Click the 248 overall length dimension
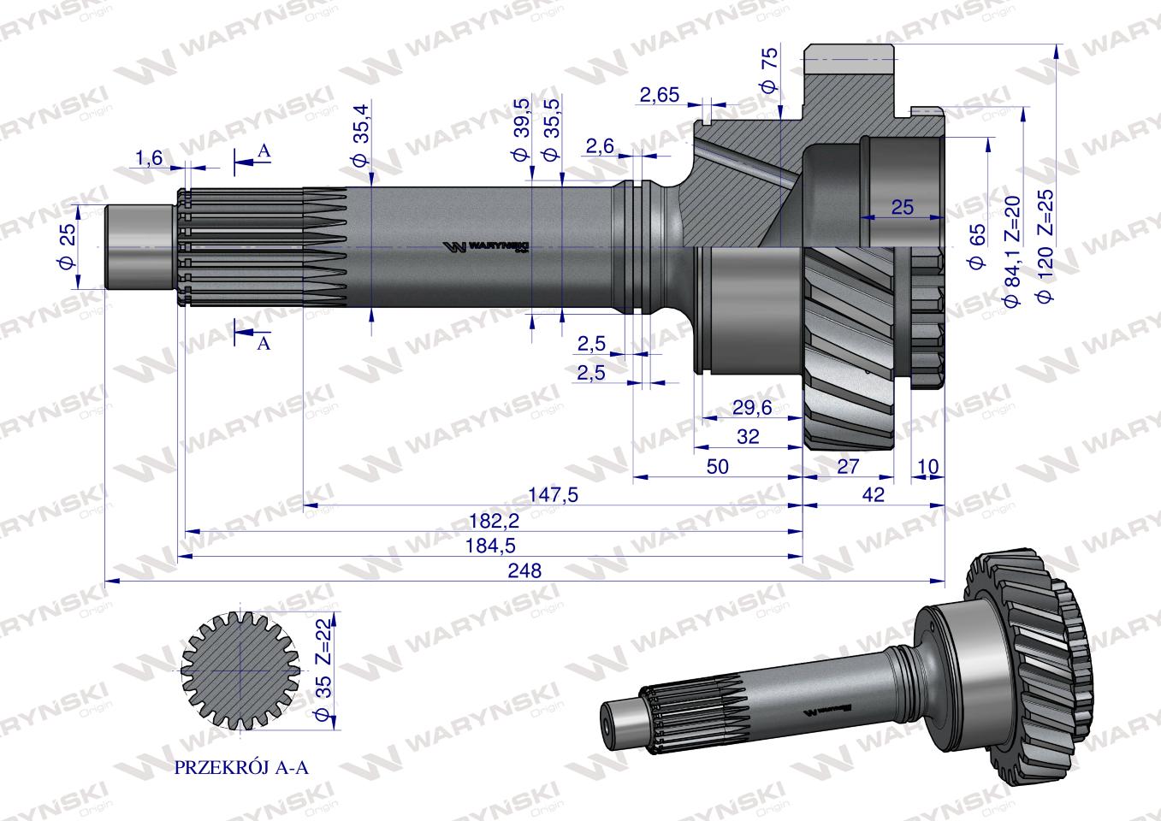click(x=524, y=570)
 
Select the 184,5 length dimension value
click(x=490, y=546)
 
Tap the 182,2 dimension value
click(x=494, y=521)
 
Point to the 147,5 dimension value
click(x=553, y=495)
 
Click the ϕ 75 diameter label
click(x=770, y=70)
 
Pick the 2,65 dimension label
click(x=660, y=95)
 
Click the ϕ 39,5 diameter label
click(x=522, y=130)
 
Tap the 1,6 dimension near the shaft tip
click(x=149, y=157)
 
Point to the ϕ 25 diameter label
click(x=68, y=246)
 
